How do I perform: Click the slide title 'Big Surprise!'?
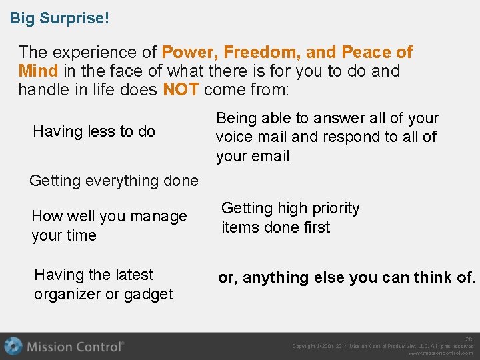point(59,18)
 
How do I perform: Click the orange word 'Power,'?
point(190,52)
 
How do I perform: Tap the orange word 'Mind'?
point(39,71)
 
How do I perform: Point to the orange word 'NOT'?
point(181,89)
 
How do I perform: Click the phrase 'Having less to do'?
point(94,131)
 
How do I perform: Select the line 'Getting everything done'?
point(114,180)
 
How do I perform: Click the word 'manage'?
point(159,216)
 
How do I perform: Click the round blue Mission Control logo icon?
point(13,347)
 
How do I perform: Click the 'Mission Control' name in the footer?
point(75,347)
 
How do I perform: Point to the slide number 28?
point(469,339)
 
